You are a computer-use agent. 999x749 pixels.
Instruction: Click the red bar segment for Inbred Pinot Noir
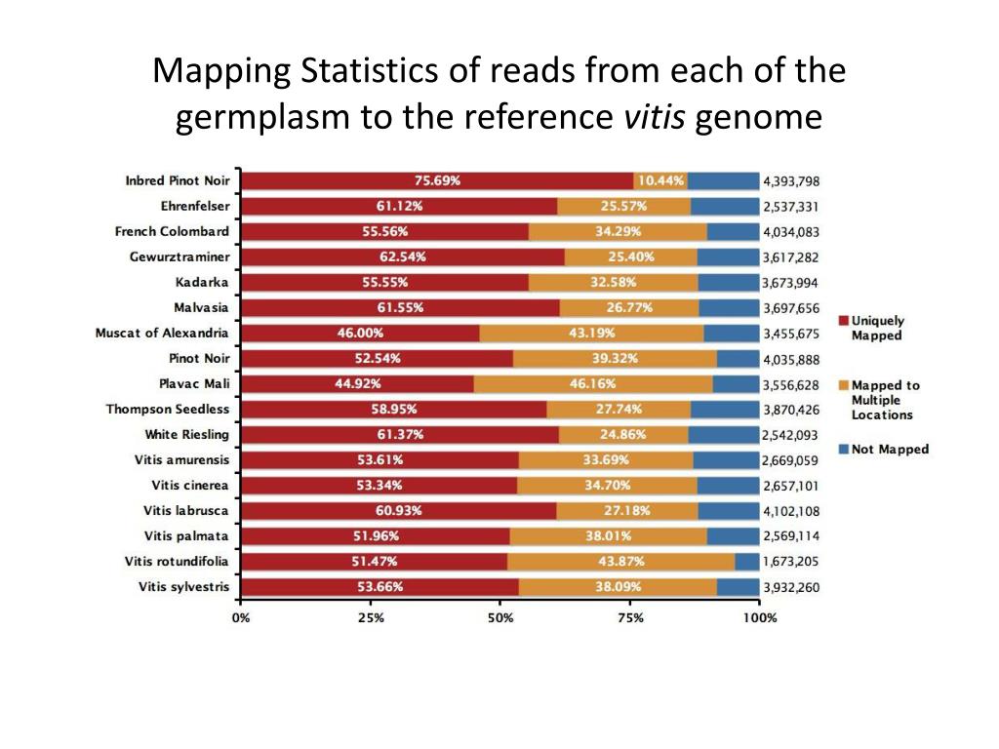[x=437, y=180]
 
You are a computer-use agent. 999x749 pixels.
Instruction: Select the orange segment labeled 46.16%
[x=592, y=383]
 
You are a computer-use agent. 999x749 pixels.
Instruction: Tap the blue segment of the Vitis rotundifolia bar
[x=747, y=561]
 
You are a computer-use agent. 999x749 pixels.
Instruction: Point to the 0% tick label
[x=241, y=617]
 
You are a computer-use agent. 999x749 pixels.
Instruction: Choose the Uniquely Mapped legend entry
[x=877, y=328]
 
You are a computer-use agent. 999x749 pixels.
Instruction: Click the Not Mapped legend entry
[x=890, y=450]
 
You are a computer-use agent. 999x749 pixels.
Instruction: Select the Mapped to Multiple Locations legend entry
[x=885, y=400]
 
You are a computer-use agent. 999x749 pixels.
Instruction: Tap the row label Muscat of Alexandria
[x=162, y=333]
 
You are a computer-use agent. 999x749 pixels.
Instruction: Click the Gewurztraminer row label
[x=180, y=256]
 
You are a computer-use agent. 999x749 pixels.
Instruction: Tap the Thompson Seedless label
[x=168, y=409]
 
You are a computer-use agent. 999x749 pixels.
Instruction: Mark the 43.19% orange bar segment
[x=591, y=333]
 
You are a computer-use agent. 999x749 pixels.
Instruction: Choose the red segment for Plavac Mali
[x=357, y=383]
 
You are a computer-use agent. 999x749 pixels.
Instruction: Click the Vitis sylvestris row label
[x=183, y=586]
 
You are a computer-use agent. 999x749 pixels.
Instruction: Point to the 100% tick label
[x=759, y=617]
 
